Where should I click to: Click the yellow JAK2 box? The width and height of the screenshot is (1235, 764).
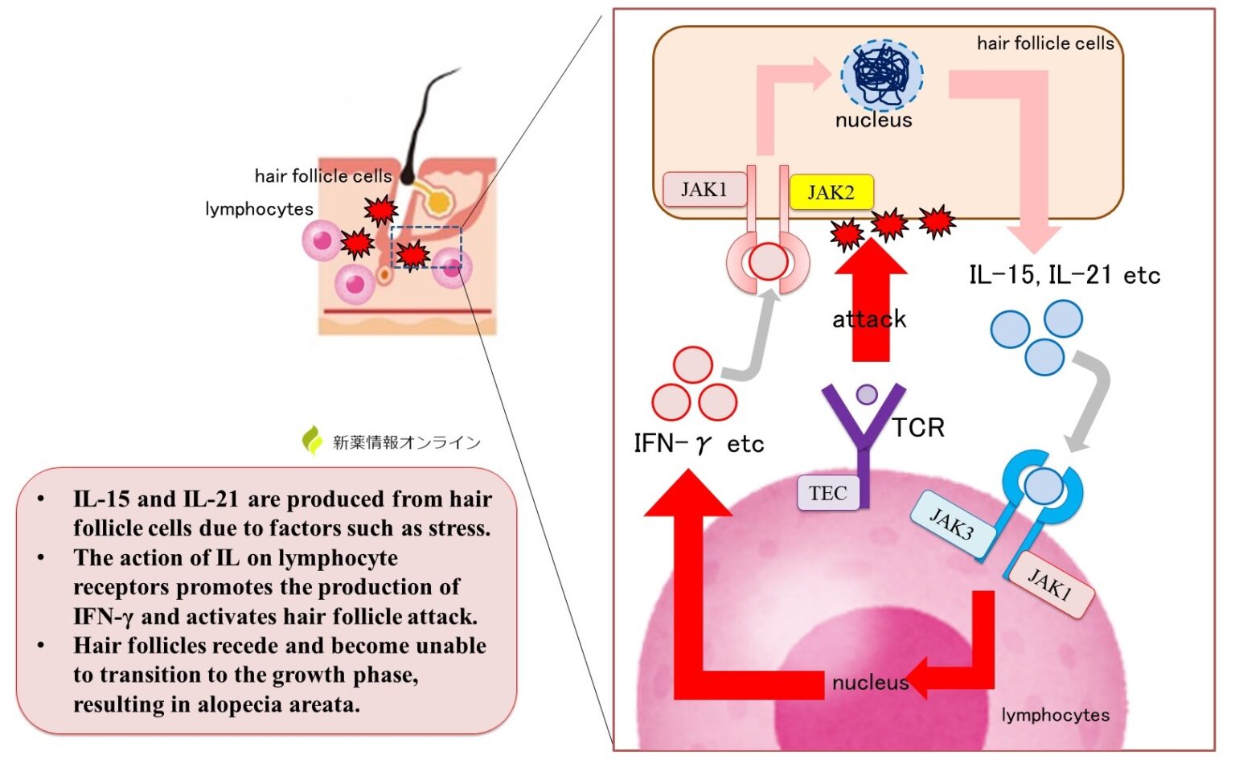pos(831,192)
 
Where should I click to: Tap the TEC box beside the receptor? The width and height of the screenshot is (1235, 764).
pos(827,493)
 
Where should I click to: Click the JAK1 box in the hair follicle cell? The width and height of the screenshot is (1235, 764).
pos(704,189)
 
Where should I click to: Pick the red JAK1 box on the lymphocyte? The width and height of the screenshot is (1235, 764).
pos(1050,585)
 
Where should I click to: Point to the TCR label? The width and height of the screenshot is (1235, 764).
pos(918,428)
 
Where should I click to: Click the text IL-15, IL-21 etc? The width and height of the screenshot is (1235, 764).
pos(1064,275)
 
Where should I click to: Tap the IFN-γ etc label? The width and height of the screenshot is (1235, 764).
pos(698,444)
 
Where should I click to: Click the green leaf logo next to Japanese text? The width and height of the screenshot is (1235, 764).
pos(312,441)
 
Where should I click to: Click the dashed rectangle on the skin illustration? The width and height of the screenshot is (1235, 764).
pos(426,247)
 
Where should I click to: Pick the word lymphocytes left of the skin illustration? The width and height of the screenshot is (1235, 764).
pos(259,209)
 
